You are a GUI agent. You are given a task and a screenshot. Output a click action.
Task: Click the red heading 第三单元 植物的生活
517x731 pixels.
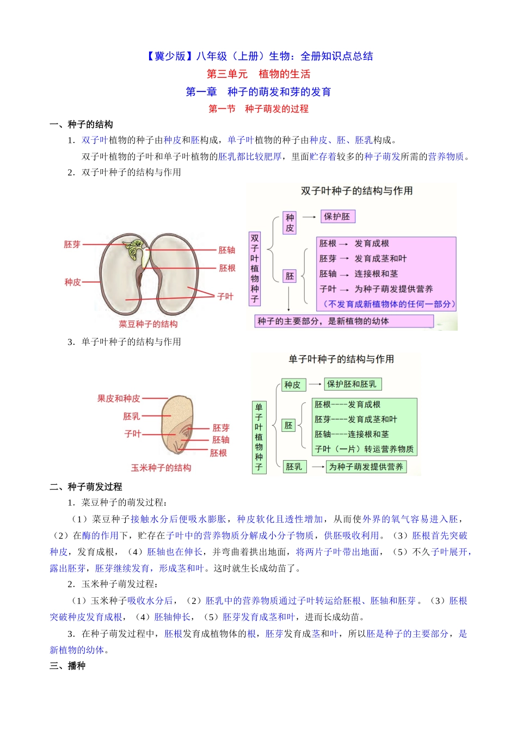point(258,74)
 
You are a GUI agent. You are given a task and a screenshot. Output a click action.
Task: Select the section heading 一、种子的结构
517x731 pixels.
point(81,125)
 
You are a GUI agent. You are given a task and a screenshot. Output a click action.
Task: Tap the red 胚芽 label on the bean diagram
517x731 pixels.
point(72,244)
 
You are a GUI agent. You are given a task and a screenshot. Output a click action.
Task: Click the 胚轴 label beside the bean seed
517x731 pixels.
point(226,250)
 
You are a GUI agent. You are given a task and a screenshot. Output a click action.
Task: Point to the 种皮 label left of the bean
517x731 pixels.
point(72,282)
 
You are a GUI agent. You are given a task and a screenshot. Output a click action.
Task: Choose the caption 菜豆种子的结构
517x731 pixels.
point(148,324)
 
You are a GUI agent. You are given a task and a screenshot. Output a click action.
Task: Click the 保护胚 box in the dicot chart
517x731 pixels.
point(337,216)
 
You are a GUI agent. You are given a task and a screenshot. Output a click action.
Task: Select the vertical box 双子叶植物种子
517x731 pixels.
point(255,268)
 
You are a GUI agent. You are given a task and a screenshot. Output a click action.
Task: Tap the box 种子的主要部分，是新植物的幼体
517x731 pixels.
point(344,321)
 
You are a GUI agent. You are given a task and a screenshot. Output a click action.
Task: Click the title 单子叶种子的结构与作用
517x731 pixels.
point(341,359)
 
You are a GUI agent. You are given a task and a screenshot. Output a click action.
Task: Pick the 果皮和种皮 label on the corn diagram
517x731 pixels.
point(119,398)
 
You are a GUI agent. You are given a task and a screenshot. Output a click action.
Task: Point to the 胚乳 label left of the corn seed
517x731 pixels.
point(131,416)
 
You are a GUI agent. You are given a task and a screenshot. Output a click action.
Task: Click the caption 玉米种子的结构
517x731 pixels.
point(161,468)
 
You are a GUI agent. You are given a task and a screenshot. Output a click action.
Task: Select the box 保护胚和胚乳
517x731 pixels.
point(352,384)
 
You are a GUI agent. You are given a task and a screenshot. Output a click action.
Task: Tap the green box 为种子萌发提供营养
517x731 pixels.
point(366,467)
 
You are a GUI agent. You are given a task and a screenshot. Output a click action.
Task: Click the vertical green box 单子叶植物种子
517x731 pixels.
point(259,437)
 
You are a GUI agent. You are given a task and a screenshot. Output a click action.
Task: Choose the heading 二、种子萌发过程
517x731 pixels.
point(86,487)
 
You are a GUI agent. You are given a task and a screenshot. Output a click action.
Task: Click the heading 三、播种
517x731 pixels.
point(67,666)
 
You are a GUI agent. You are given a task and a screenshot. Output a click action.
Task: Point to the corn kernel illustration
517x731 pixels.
point(177,426)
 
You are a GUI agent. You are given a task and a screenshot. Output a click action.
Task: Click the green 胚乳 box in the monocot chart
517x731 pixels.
point(294,467)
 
